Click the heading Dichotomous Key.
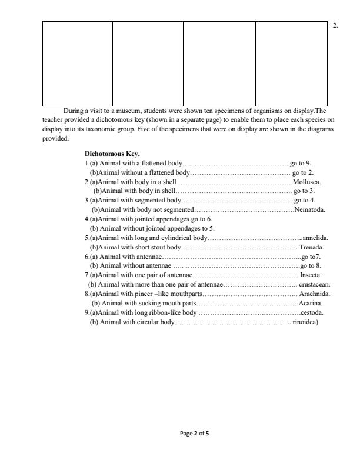[x=112, y=154]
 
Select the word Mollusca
[x=307, y=182]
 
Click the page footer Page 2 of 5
[x=194, y=434]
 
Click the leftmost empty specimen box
[x=77, y=64]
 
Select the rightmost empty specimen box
[x=291, y=64]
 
